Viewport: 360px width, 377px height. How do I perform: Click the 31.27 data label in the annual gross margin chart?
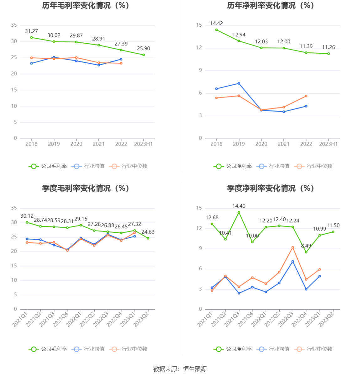point(31,31)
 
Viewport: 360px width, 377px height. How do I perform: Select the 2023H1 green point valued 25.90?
point(144,55)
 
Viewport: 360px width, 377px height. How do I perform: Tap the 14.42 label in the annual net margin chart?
point(216,24)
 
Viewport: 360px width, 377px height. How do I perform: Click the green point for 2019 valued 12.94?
point(239,41)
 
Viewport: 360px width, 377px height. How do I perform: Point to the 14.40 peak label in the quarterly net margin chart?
point(239,206)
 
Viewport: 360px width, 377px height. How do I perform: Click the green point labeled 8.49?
point(306,252)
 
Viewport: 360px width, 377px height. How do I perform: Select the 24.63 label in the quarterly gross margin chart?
point(148,232)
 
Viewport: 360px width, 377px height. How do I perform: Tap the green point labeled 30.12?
point(27,222)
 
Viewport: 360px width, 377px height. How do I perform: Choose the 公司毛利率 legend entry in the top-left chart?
point(48,166)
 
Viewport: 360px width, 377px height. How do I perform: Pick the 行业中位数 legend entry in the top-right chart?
point(314,166)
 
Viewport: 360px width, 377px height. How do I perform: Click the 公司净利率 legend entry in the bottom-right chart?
point(233,349)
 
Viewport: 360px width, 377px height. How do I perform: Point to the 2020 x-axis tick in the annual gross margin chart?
point(76,144)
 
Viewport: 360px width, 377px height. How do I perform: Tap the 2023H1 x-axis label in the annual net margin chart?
point(328,144)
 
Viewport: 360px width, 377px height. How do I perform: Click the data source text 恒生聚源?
point(195,369)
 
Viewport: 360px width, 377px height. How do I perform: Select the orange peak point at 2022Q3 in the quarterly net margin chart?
point(293,247)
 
